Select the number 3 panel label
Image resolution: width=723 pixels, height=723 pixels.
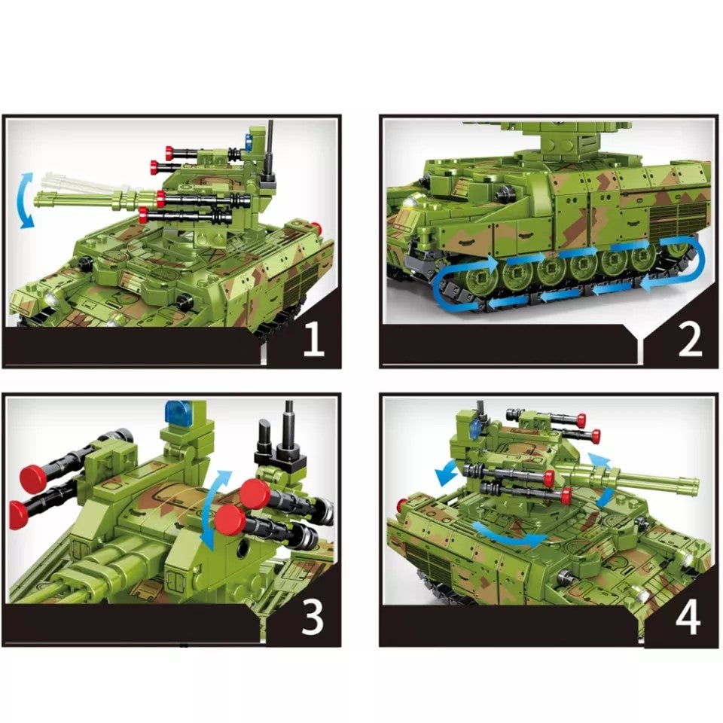(x=312, y=618)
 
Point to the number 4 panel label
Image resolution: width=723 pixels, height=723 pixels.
(x=688, y=618)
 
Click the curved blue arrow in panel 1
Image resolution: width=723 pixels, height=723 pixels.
(x=27, y=200)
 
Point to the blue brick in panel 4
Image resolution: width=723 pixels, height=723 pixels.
(x=474, y=427)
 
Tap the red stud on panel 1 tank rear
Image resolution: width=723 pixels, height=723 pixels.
(x=317, y=228)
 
